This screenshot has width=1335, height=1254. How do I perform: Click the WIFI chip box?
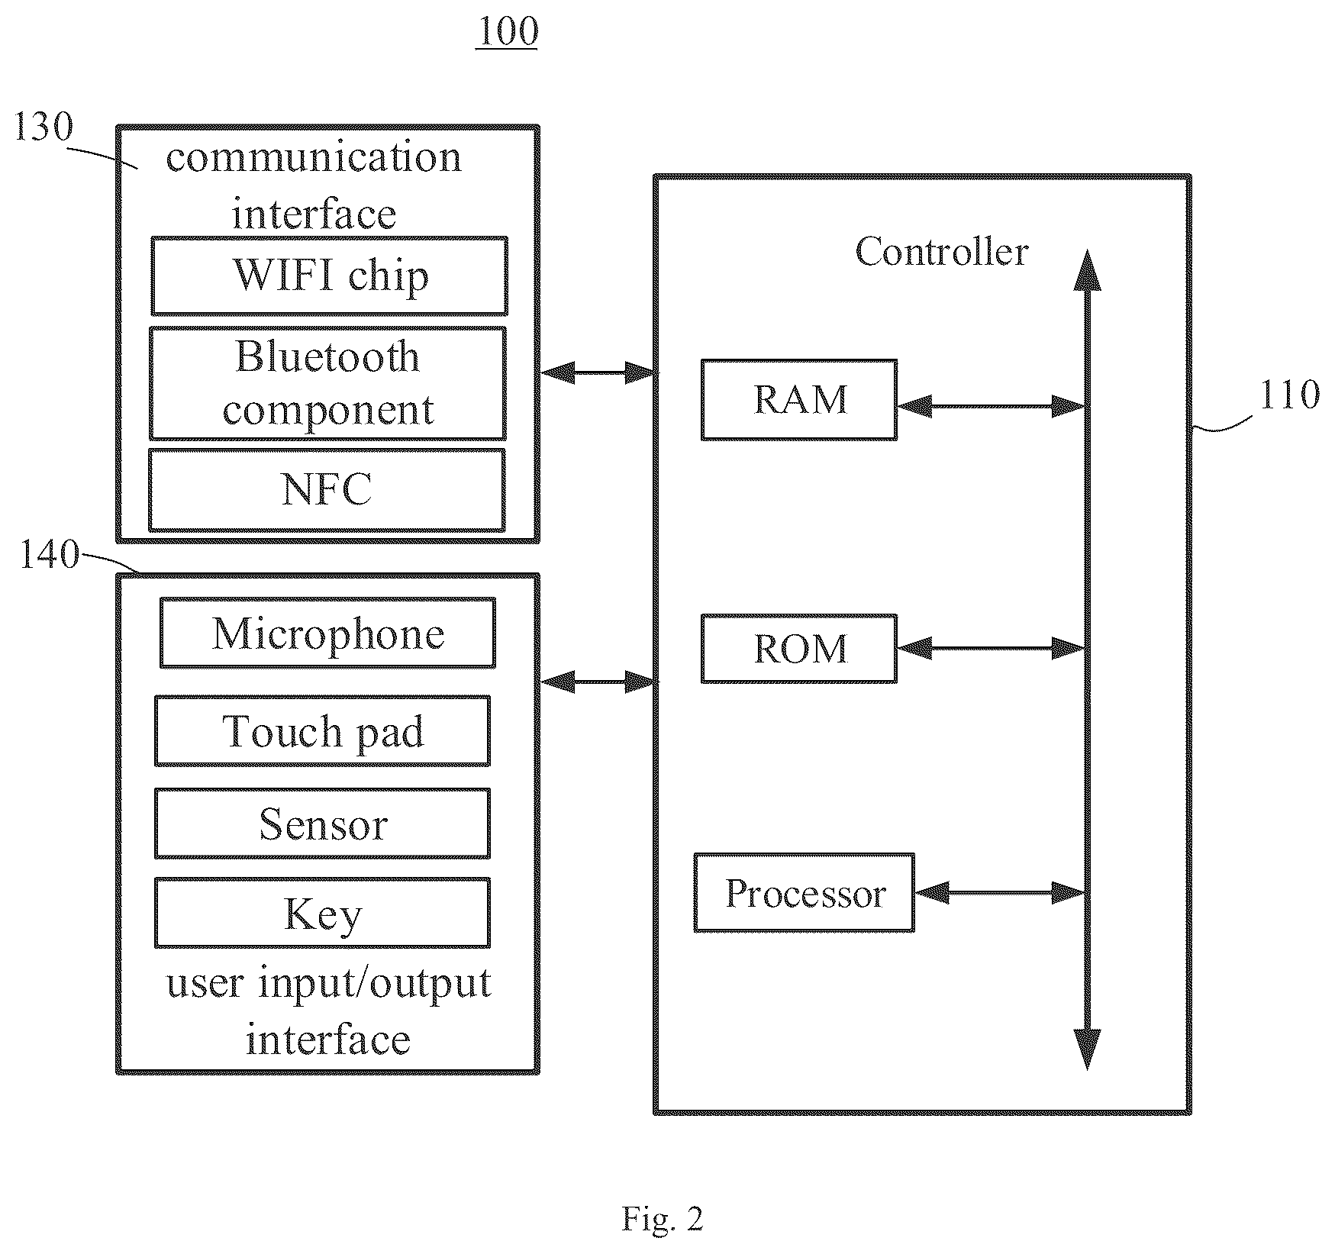click(x=329, y=276)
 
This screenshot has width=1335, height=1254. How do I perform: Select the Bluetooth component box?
click(x=327, y=383)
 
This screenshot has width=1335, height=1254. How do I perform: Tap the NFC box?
click(x=327, y=489)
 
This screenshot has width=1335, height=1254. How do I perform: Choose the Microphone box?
click(x=327, y=633)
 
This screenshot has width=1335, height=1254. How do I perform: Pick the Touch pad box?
click(x=322, y=730)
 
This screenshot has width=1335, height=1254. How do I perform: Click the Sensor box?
click(x=322, y=824)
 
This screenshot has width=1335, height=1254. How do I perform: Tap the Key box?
click(x=322, y=913)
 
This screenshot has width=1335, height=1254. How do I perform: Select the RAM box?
click(x=799, y=400)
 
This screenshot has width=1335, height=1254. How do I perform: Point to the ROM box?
click(x=799, y=648)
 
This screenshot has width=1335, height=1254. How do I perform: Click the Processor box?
click(x=805, y=892)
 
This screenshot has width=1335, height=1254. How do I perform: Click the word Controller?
click(x=941, y=251)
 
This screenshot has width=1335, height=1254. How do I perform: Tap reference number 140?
click(x=49, y=555)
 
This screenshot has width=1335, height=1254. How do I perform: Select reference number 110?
click(x=1289, y=395)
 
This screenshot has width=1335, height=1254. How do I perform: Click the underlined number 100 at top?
click(x=507, y=31)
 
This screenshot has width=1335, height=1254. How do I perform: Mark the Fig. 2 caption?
click(x=663, y=1219)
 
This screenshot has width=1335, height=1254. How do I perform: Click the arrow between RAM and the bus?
click(x=991, y=406)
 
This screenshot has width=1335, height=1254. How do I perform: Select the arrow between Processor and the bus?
click(x=1000, y=891)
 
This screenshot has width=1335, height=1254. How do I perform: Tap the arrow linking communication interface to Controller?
click(x=598, y=372)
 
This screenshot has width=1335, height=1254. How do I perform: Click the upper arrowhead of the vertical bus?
click(x=1087, y=271)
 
